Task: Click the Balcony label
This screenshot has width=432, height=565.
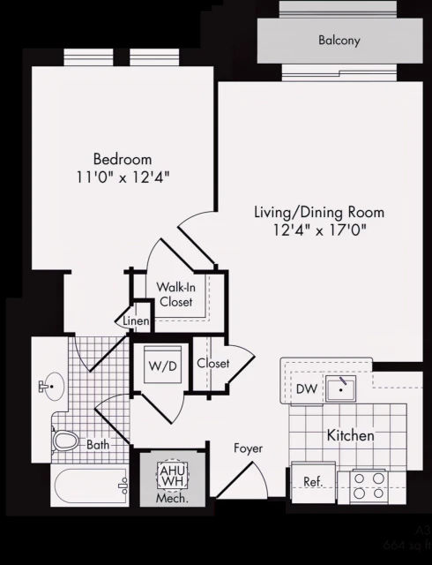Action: (339, 41)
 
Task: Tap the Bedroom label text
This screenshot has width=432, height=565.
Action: (123, 160)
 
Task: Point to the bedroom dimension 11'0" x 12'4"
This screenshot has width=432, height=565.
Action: (123, 177)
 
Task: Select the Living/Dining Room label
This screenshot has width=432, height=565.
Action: (318, 213)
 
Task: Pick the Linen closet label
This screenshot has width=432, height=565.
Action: (135, 320)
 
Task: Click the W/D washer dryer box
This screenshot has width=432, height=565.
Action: (161, 365)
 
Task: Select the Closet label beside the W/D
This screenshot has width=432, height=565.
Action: (213, 364)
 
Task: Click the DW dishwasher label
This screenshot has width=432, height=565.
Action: (305, 388)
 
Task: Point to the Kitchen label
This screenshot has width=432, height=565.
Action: (350, 435)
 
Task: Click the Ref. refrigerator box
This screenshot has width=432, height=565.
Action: (312, 481)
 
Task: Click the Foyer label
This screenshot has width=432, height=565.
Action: (248, 448)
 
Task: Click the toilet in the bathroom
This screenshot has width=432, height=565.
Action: (66, 441)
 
